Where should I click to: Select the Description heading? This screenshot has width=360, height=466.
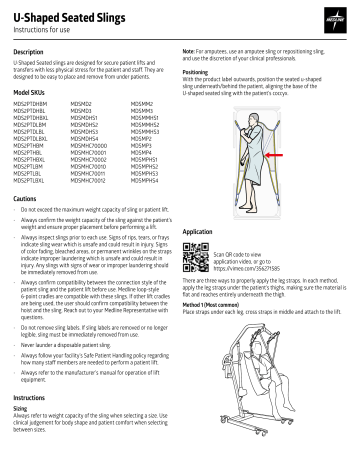pyautogui.click(x=30, y=51)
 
